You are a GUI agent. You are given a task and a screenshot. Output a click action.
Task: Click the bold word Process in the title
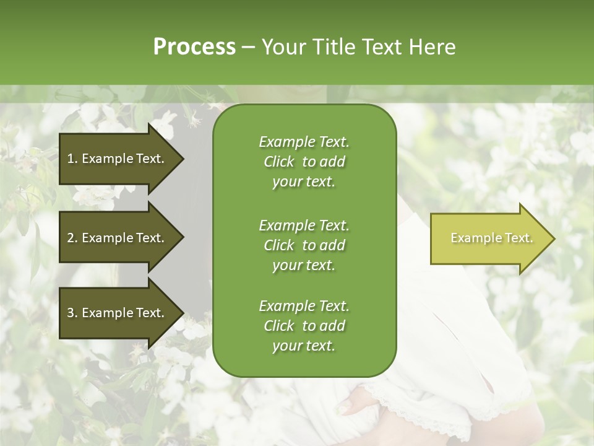point(194,47)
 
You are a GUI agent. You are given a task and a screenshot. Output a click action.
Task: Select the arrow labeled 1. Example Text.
point(118,159)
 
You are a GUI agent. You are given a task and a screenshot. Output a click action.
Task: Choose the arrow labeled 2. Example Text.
point(118,238)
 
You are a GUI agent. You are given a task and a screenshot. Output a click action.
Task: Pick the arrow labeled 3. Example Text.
point(118,313)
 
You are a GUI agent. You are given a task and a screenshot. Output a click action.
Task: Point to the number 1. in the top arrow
point(72,159)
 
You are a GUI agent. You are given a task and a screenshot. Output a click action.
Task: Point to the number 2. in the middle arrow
point(72,238)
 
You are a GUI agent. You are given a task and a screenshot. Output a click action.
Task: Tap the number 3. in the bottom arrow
point(72,313)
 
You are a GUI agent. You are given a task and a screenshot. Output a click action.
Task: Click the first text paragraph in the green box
point(304,162)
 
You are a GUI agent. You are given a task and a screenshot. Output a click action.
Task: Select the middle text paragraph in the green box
point(304,245)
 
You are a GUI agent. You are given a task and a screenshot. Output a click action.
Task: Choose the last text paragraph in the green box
point(304,326)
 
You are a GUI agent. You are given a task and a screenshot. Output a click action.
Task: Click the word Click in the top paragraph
point(279,162)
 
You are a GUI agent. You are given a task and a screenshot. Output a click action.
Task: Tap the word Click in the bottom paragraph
point(279,326)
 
